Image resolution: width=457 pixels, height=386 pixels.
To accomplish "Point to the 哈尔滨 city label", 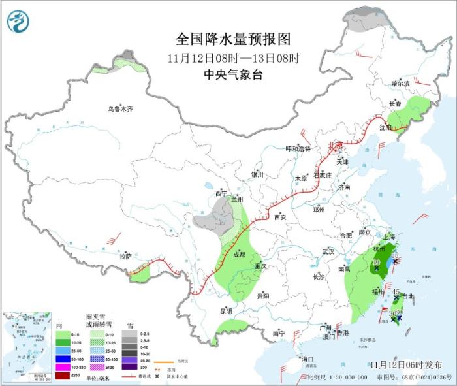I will [x=400, y=84].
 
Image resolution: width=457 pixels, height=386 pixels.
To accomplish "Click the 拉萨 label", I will [x=125, y=257].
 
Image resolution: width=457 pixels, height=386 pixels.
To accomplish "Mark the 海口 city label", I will [x=307, y=359].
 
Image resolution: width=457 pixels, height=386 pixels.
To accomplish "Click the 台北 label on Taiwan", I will [x=407, y=296].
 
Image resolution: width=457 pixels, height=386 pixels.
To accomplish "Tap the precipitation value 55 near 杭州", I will [x=394, y=255].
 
